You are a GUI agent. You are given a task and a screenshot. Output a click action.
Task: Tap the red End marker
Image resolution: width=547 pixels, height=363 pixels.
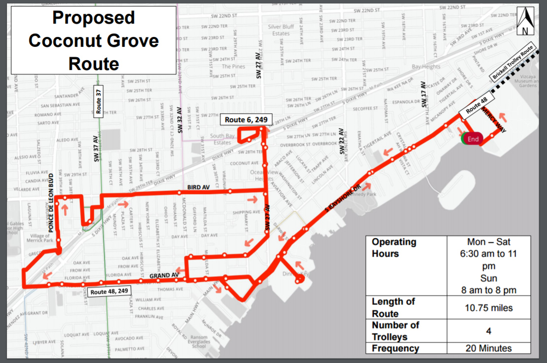coord(473,139)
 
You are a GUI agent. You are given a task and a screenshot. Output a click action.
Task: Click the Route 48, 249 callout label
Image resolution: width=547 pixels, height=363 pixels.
coord(109,292)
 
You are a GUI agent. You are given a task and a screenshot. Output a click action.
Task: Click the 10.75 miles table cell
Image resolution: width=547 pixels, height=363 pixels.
coord(488,308)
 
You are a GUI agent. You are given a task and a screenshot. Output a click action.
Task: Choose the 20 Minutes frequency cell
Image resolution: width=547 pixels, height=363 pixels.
coord(488,348)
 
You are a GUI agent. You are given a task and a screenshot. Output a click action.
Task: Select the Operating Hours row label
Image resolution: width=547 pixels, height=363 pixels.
coord(394,248)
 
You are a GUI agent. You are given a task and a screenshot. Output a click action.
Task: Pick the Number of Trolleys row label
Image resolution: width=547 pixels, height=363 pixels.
coord(395,331)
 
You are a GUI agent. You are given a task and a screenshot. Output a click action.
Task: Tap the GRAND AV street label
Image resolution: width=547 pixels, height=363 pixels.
coord(164,275)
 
